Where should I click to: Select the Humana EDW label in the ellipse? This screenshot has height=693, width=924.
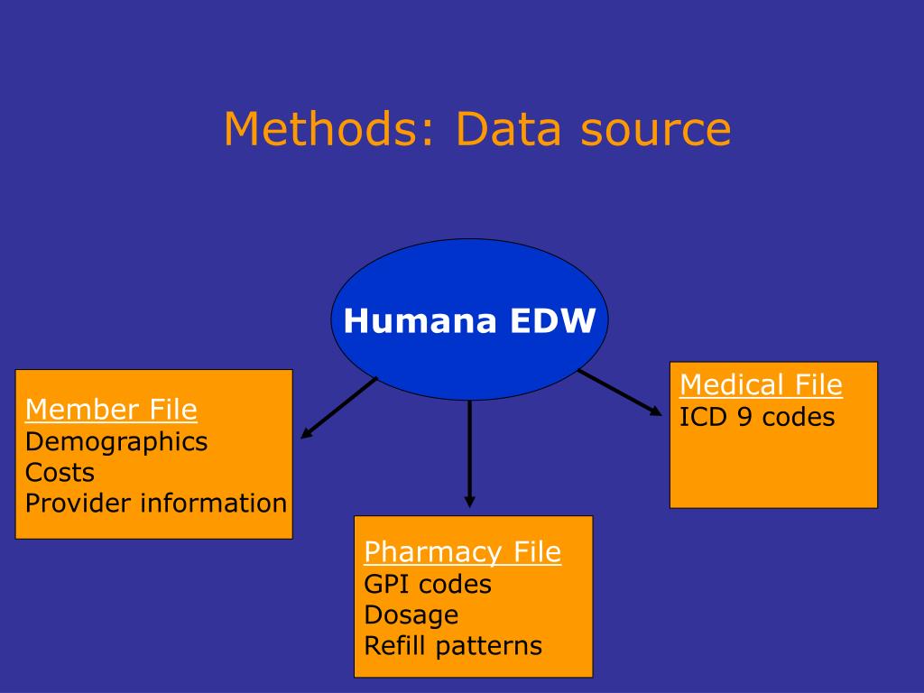point(469,321)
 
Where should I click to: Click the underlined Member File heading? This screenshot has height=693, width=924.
point(111,410)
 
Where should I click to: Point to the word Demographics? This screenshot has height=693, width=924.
point(116,441)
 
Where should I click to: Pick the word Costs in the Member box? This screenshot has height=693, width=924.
point(60,472)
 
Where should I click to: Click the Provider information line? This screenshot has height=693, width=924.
point(155,503)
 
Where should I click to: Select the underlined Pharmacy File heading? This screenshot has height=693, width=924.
point(462,551)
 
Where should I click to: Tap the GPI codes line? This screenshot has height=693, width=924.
point(428,584)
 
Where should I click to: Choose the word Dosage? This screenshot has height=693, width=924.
point(411,614)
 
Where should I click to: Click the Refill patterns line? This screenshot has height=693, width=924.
point(453,646)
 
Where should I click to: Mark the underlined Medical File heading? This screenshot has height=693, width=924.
point(761,385)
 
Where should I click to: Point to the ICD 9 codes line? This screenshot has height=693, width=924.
point(757,417)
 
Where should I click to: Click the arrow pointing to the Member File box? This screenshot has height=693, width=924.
point(338,408)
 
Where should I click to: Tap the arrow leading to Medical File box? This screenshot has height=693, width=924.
point(620,393)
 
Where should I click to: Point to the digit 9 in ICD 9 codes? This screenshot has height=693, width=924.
point(744,417)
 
